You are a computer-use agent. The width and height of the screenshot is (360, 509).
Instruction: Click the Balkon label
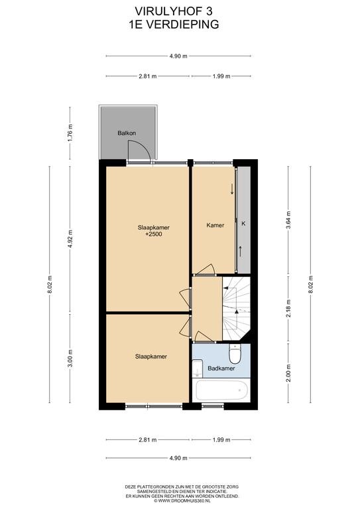click(x=127, y=133)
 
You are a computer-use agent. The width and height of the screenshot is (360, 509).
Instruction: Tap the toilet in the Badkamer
click(x=235, y=354)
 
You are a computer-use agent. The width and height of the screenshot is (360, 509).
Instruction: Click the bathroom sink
click(x=198, y=368)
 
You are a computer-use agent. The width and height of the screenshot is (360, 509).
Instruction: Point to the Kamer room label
click(x=215, y=225)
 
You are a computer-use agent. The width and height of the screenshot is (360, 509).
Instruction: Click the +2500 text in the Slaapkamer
click(x=154, y=234)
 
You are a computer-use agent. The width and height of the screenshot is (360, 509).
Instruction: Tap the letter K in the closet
click(x=243, y=223)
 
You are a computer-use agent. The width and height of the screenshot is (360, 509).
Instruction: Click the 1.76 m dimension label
click(x=70, y=131)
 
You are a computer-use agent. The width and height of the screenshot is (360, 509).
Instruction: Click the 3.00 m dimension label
click(x=70, y=358)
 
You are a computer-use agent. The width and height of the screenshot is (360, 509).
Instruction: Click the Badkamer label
click(x=221, y=368)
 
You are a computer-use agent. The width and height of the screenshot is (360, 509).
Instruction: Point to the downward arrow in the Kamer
click(x=232, y=189)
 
